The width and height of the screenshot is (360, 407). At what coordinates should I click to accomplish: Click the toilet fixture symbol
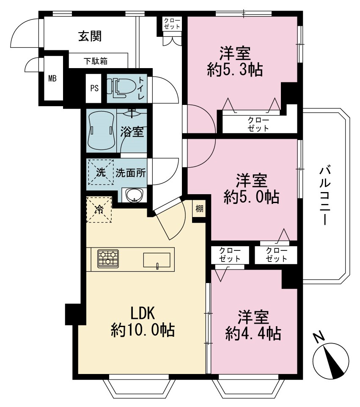click(122, 88)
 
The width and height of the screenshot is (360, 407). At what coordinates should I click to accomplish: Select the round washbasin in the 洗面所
click(135, 195)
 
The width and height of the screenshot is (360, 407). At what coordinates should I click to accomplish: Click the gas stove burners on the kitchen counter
click(108, 259)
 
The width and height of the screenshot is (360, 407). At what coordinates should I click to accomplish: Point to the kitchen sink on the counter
click(157, 260)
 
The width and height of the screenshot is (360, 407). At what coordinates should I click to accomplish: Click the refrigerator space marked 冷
click(99, 209)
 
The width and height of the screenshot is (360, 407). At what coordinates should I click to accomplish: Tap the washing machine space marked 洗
click(101, 172)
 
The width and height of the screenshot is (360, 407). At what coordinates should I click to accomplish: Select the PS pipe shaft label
click(94, 88)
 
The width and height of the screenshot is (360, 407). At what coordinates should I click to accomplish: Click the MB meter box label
click(52, 78)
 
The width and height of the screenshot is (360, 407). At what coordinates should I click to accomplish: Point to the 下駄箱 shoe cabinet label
click(95, 61)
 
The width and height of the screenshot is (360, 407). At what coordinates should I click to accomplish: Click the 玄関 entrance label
click(90, 36)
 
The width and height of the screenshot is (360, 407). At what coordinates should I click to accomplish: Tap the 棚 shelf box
click(199, 209)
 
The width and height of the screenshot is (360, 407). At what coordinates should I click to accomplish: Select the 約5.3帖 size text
click(235, 69)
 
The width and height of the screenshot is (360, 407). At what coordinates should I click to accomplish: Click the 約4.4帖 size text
click(253, 333)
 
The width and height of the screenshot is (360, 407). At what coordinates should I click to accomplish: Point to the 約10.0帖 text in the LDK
click(143, 330)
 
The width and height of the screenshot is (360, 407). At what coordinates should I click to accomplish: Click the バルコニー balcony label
click(325, 196)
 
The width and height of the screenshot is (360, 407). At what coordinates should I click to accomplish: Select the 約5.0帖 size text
click(252, 197)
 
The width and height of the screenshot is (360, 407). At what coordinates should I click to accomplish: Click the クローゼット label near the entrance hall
click(172, 24)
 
